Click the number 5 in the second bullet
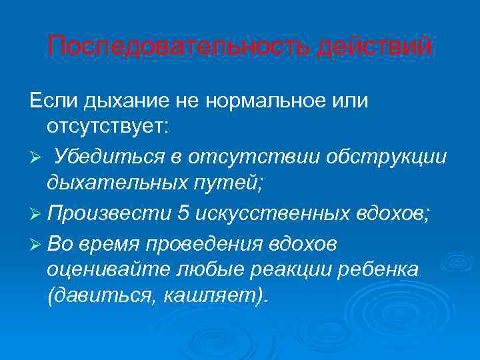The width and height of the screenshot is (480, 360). coord(183,213)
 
